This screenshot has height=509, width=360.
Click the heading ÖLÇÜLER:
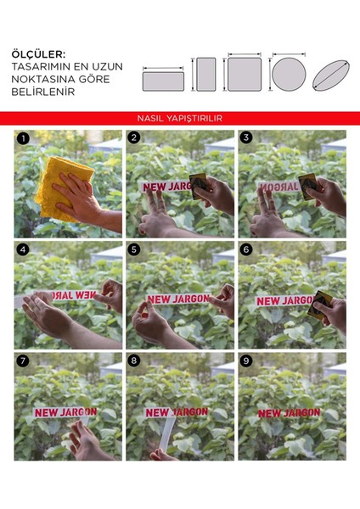click(38, 54)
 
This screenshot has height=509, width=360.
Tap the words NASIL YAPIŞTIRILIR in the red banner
click(180, 118)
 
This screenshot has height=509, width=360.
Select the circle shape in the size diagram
click(289, 75)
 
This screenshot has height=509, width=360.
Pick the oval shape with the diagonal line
click(331, 76)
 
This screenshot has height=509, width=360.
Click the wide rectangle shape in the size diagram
click(163, 81)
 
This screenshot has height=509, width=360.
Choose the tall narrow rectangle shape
click(206, 75)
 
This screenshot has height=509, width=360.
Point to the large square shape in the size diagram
click(245, 75)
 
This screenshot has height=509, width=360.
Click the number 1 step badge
click(23, 138)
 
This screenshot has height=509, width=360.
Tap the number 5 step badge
click(134, 249)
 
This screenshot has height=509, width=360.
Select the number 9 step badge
click(246, 361)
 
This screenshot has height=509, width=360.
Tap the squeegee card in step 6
click(319, 305)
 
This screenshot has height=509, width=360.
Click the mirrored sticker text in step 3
click(278, 187)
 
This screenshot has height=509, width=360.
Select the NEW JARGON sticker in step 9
click(289, 413)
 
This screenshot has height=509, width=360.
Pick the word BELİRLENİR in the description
click(43, 92)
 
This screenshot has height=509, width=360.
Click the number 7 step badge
click(23, 361)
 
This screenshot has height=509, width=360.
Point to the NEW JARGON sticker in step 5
click(178, 299)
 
